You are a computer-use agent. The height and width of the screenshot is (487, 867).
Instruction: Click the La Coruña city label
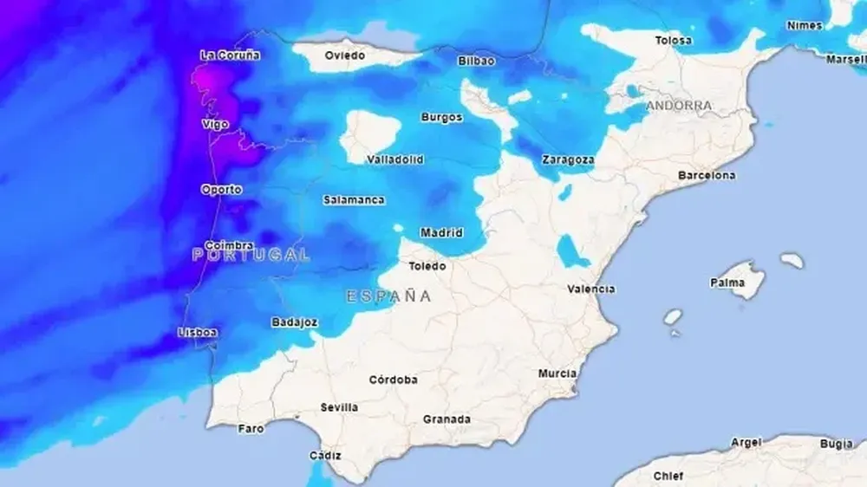(x=230, y=55)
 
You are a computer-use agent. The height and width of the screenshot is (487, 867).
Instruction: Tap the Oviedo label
(x=344, y=55)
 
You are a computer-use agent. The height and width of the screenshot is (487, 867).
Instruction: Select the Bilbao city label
(x=476, y=61)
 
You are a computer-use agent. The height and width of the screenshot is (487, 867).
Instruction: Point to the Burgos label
(x=441, y=117)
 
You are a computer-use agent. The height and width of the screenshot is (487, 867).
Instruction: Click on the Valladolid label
(x=394, y=159)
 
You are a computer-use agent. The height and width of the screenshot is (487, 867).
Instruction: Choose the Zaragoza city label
(x=568, y=159)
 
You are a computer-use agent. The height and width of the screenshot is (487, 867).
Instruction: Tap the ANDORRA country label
(x=679, y=106)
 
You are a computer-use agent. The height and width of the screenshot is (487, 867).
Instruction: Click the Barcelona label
(x=707, y=175)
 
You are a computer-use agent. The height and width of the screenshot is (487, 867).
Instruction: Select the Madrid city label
(x=440, y=232)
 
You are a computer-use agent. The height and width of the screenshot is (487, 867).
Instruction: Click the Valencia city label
(x=591, y=289)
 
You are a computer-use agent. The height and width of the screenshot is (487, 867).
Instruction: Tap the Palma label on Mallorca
(x=727, y=282)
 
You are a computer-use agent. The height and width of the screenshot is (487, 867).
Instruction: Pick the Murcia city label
(x=557, y=373)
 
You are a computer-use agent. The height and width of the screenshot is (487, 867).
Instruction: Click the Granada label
(x=447, y=419)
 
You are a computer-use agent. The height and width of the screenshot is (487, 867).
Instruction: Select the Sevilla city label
(x=339, y=406)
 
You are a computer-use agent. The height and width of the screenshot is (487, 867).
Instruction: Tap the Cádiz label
(x=325, y=455)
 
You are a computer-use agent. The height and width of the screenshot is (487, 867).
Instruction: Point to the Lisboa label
(x=197, y=332)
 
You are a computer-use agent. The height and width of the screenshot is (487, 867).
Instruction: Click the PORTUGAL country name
(x=251, y=255)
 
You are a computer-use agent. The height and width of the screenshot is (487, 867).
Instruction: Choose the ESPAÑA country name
(x=388, y=296)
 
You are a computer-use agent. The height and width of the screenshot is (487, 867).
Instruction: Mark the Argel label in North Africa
(x=746, y=442)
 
